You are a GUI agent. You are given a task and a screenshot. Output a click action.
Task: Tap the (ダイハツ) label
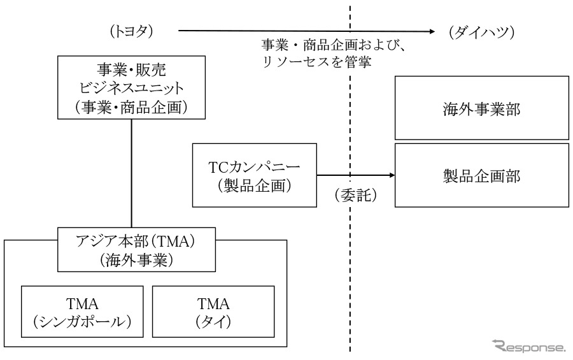[x=481, y=32]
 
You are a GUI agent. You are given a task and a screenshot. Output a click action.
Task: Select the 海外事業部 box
[x=482, y=108]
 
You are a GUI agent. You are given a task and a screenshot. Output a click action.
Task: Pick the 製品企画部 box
[x=482, y=175]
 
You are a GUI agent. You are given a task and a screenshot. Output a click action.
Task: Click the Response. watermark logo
[x=528, y=347]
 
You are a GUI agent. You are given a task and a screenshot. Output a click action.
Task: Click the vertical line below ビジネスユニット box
[x=131, y=172]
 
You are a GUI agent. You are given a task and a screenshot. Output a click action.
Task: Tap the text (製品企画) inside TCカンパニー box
[x=254, y=186]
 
